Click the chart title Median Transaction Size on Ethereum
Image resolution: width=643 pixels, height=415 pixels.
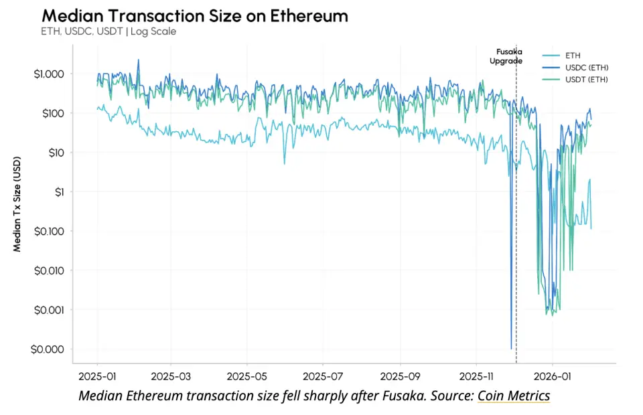pyautogui.click(x=195, y=15)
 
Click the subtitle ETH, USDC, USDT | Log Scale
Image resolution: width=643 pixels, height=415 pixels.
pyautogui.click(x=109, y=31)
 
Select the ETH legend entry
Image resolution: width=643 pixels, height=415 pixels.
pyautogui.click(x=573, y=56)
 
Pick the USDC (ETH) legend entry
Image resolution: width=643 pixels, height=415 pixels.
pyautogui.click(x=587, y=68)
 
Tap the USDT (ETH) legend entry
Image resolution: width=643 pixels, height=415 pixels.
pyautogui.click(x=587, y=80)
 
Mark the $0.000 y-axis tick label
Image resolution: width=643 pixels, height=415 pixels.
pyautogui.click(x=49, y=349)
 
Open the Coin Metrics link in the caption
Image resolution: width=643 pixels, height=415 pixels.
pyautogui.click(x=513, y=396)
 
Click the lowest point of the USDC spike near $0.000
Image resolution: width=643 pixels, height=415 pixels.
pyautogui.click(x=511, y=348)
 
